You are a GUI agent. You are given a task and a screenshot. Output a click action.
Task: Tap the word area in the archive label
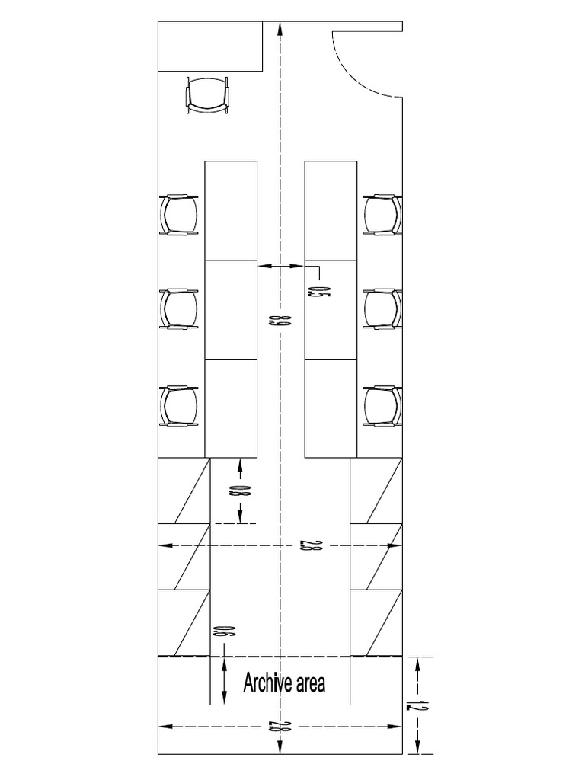click(x=311, y=684)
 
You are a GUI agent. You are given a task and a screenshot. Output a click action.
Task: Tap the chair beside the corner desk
click(x=207, y=95)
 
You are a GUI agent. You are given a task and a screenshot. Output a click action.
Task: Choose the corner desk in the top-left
click(x=210, y=46)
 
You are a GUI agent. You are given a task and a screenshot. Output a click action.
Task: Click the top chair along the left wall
click(x=179, y=214)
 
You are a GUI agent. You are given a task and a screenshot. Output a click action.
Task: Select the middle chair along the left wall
click(x=179, y=309)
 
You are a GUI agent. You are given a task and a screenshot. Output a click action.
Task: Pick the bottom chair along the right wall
click(x=382, y=406)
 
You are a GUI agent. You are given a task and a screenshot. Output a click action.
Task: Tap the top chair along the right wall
click(x=382, y=214)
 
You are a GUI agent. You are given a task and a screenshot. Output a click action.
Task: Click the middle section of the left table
click(x=232, y=309)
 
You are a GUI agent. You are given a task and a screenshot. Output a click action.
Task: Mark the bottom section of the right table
click(x=331, y=408)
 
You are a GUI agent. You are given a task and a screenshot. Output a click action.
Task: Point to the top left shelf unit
click(x=184, y=491)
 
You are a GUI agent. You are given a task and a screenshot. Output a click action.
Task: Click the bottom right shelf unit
click(x=376, y=623)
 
